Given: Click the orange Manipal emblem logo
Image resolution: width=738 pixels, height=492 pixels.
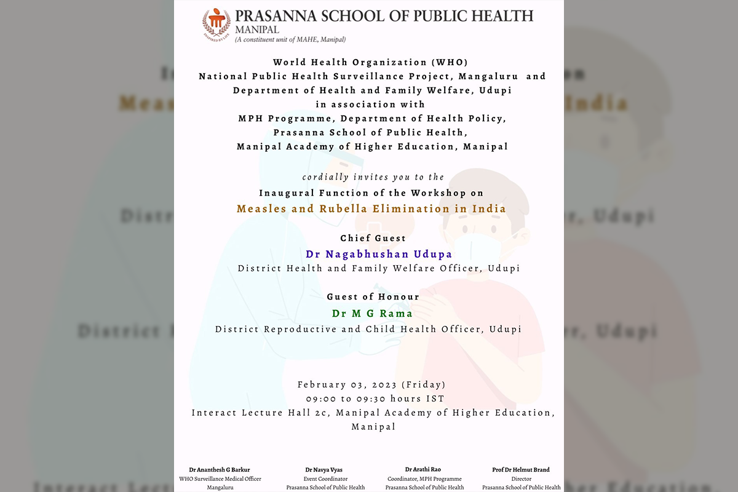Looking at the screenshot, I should pos(216,24).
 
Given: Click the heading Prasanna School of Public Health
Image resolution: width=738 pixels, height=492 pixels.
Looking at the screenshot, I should pos(384,15).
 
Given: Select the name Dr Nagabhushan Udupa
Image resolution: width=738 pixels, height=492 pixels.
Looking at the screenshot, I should pos(379,254).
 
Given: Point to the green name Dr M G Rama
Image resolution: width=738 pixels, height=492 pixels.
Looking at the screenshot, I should pos(372,314).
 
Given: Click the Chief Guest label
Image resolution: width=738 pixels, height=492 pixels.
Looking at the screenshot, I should pos(373,238).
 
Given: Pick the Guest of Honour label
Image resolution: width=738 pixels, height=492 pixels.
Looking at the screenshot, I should pos(373,297).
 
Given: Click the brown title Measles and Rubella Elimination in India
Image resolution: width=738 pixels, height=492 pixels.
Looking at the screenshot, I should pos(371,208).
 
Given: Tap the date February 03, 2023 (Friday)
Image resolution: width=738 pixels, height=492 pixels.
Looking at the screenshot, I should pos(371,384).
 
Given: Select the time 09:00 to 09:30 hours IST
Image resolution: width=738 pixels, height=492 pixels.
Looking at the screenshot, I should pos(371,399).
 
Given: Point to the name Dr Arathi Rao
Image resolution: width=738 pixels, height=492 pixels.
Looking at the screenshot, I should pos(423,470).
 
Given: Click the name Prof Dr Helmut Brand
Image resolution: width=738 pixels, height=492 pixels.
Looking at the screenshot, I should pos(521,470).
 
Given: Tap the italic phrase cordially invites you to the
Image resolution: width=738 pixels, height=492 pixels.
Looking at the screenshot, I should pos(369,177).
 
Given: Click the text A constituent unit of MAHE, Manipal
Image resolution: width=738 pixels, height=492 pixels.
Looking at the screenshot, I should pos(291,40).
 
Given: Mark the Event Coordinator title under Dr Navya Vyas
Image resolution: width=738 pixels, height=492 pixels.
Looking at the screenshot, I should pos(325,479).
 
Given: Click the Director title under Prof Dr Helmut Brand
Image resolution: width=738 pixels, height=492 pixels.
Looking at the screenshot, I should pos(521,479).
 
